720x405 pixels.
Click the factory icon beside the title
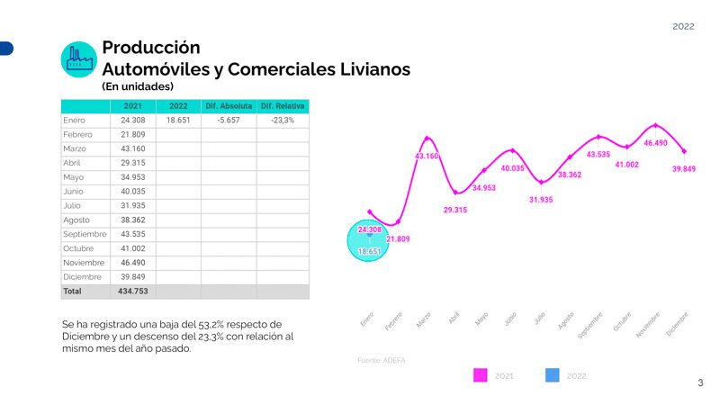pyautogui.click(x=78, y=58)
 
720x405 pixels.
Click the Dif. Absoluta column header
pyautogui.click(x=228, y=106)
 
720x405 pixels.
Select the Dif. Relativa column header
pyautogui.click(x=283, y=106)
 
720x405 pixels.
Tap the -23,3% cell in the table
pyautogui.click(x=283, y=120)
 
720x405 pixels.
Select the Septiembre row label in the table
pyautogui.click(x=85, y=234)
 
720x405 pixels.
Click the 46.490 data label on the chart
pyautogui.click(x=656, y=143)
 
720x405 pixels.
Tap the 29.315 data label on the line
pyautogui.click(x=455, y=210)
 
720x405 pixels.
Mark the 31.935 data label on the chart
pyautogui.click(x=541, y=199)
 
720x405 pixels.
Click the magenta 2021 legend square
pyautogui.click(x=481, y=375)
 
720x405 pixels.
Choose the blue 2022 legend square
pyautogui.click(x=552, y=375)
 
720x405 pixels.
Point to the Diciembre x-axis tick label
pyautogui.click(x=678, y=324)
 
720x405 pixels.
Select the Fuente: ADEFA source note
pyautogui.click(x=382, y=360)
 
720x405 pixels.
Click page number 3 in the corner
pyautogui.click(x=700, y=383)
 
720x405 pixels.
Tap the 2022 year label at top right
pyautogui.click(x=683, y=27)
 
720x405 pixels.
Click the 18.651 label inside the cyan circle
pyautogui.click(x=369, y=252)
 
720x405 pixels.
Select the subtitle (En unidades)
pyautogui.click(x=138, y=86)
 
